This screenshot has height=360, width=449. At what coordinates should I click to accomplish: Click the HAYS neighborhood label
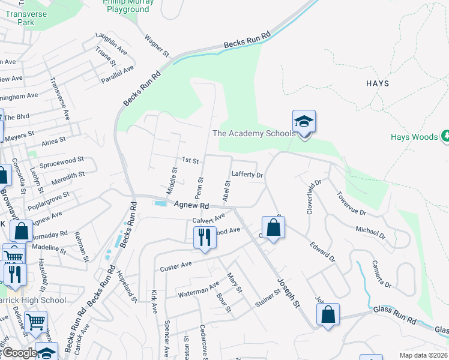pyautogui.click(x=377, y=83)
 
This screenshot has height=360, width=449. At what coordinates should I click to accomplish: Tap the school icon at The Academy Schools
pyautogui.click(x=304, y=122)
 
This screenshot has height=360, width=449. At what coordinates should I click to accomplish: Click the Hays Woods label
pyautogui.click(x=414, y=137)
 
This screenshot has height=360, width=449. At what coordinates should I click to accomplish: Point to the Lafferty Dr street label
pyautogui.click(x=247, y=175)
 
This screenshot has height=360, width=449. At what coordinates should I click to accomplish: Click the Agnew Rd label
pyautogui.click(x=191, y=205)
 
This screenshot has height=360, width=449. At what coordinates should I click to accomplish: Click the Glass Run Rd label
pyautogui.click(x=394, y=310)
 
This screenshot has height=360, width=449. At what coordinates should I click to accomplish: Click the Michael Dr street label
pyautogui.click(x=370, y=231)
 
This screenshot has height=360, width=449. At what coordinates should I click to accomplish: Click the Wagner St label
pyautogui.click(x=154, y=41)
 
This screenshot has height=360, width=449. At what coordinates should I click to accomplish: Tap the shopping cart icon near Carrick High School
pyautogui.click(x=36, y=322)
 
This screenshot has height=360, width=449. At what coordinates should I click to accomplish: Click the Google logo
pyautogui.click(x=19, y=353)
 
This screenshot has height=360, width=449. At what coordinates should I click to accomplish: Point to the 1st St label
pyautogui.click(x=190, y=160)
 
